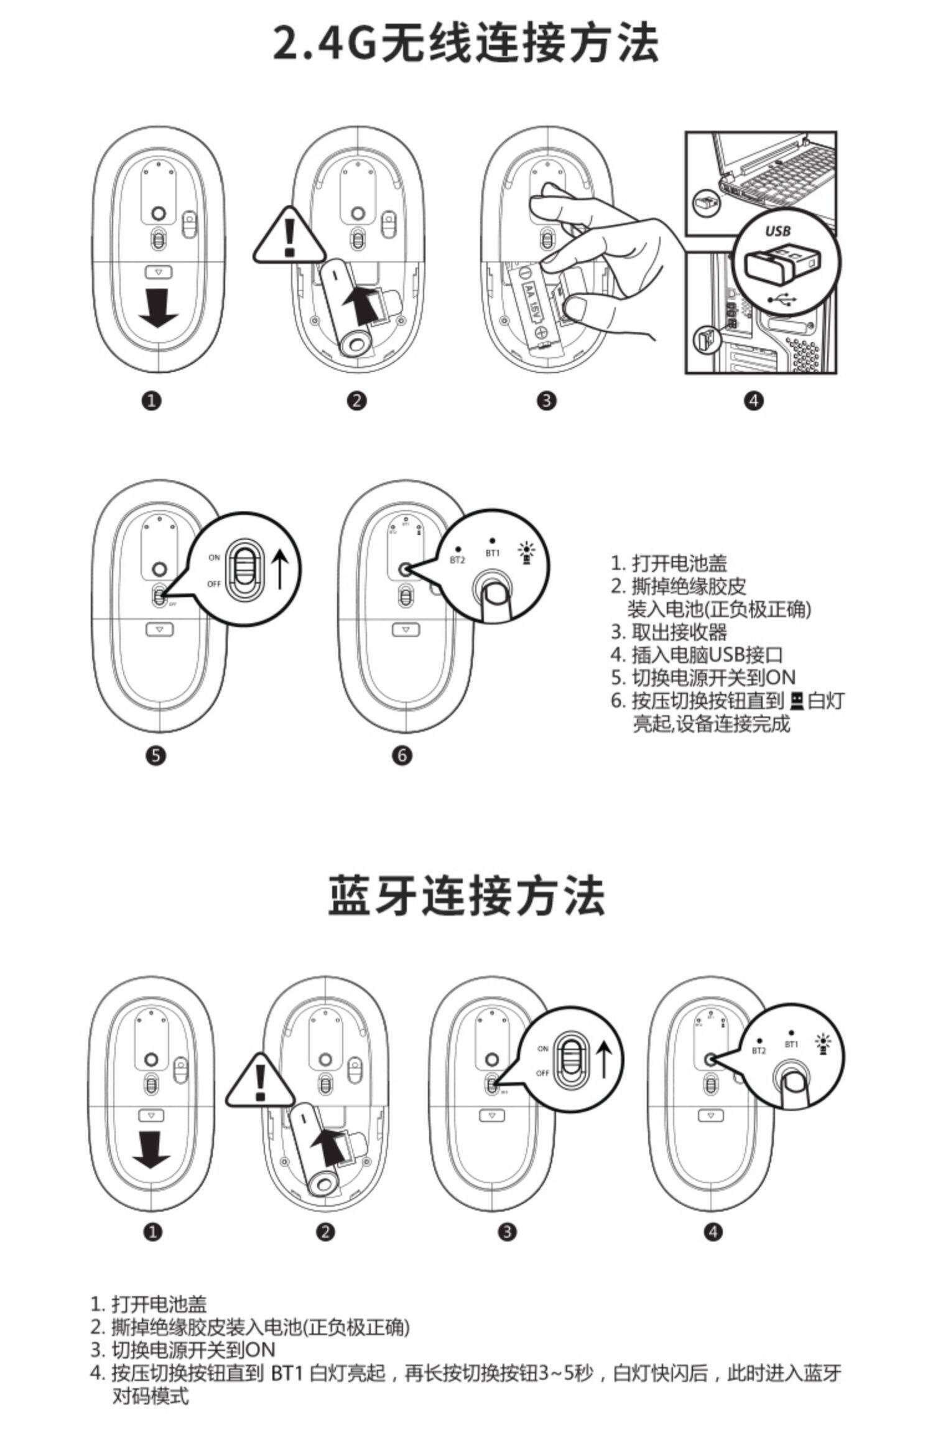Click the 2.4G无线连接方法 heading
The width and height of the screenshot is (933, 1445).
point(466,44)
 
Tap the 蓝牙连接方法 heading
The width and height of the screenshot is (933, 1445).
point(466,896)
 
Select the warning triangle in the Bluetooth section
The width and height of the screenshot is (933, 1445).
point(260,1083)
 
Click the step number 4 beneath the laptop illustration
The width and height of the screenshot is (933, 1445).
point(753,401)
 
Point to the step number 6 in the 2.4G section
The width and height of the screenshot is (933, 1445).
point(402,755)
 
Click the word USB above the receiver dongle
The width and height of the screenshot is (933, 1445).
point(777,231)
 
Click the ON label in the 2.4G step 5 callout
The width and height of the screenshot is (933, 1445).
point(215,558)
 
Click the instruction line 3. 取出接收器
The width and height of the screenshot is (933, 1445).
point(669,632)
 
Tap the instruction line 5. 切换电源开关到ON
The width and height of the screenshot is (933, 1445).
point(703,678)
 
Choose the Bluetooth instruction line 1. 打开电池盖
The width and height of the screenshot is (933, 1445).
point(149,1304)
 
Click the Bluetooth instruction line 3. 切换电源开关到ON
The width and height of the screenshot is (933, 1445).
point(183,1350)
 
